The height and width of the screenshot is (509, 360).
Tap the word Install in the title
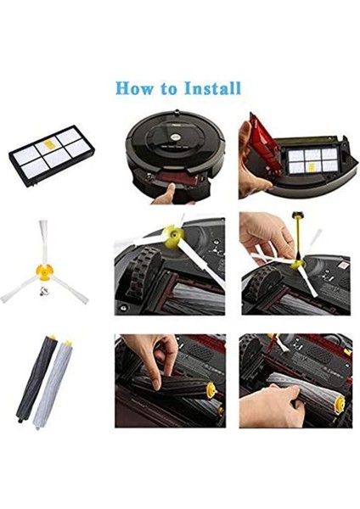tap(211, 87)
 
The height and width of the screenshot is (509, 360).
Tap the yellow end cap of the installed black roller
tap(212, 394)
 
